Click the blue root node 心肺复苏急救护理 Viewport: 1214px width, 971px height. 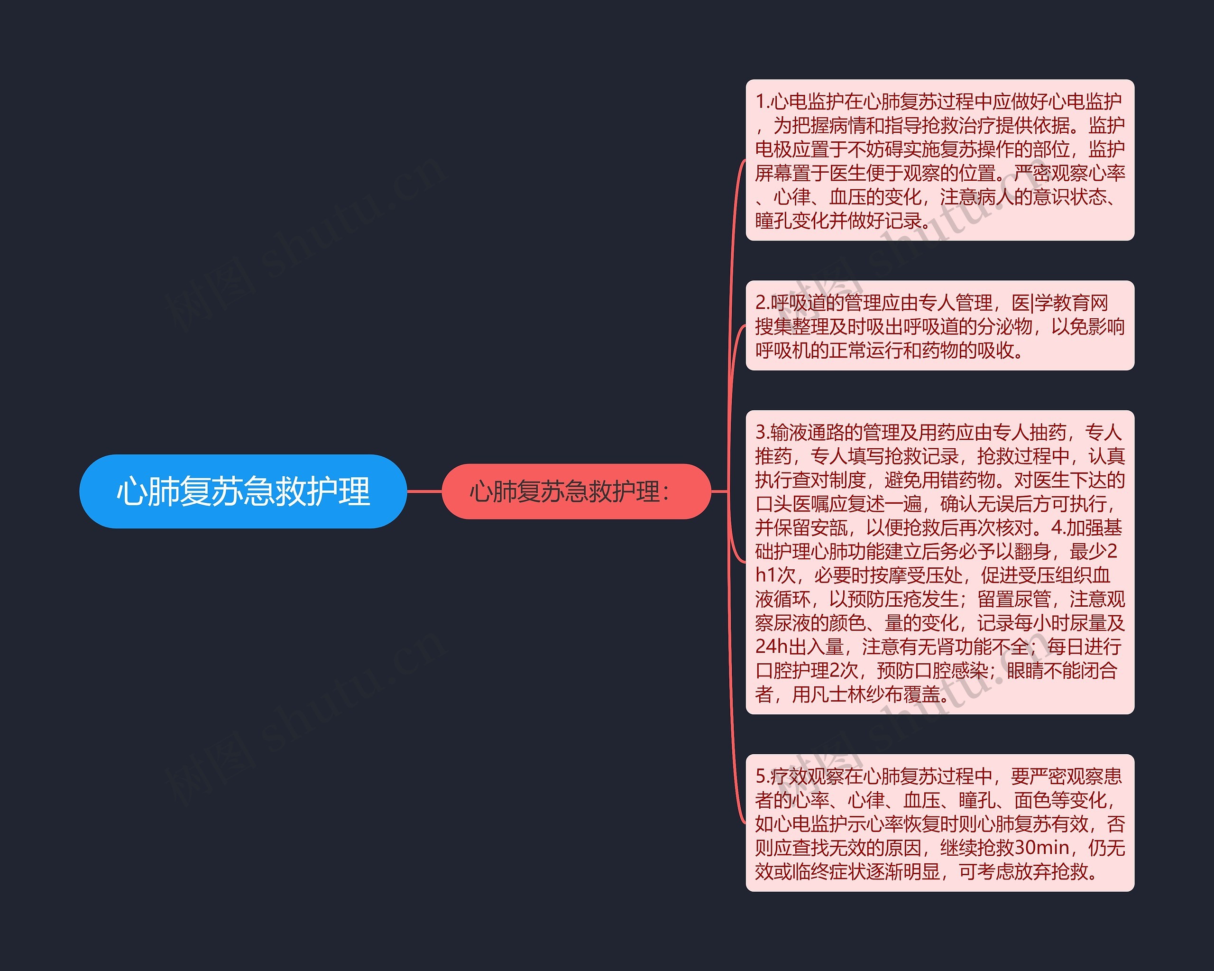click(243, 491)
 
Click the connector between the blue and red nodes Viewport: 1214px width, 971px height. click(424, 491)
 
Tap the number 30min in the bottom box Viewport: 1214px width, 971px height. click(1043, 847)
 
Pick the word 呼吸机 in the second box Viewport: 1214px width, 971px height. click(782, 351)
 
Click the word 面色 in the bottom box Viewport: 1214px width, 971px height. click(1032, 800)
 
